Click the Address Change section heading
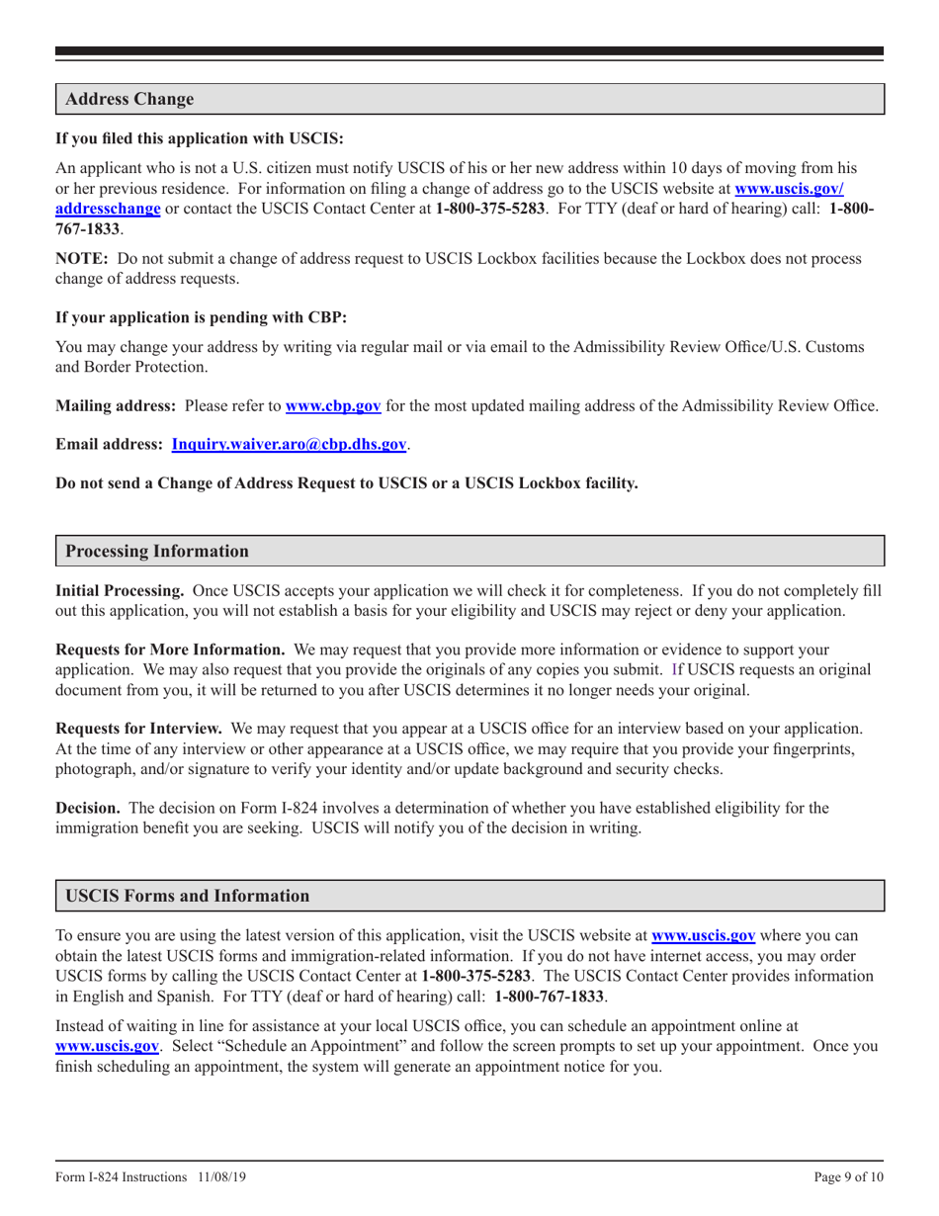click(x=128, y=99)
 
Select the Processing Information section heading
click(x=156, y=550)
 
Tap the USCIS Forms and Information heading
click(x=187, y=896)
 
